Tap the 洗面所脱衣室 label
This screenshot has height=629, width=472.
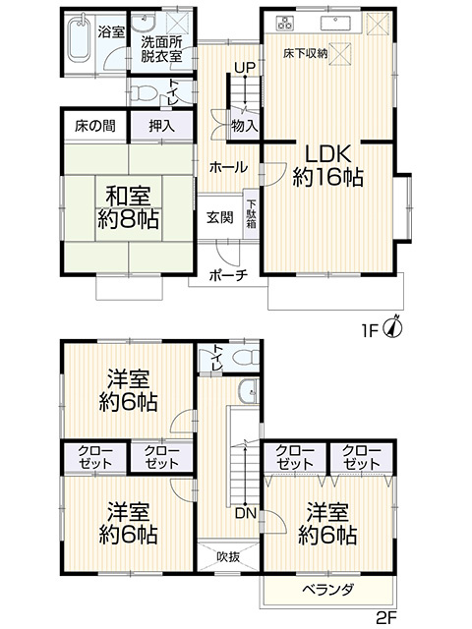(x=162, y=49)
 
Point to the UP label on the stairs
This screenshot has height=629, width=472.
(x=242, y=67)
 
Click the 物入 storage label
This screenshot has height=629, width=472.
(x=245, y=126)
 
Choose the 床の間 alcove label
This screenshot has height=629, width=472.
(x=94, y=125)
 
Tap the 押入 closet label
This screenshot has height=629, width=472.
(x=162, y=125)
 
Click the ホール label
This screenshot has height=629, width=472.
(x=227, y=168)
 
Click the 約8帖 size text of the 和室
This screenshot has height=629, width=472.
(x=129, y=219)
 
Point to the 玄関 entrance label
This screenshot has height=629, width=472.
(x=219, y=218)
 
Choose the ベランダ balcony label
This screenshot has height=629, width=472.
(x=329, y=589)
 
